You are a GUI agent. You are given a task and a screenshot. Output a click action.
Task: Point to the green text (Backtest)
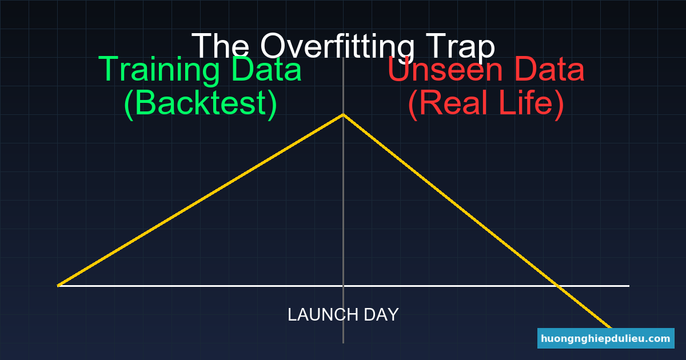tap(201, 103)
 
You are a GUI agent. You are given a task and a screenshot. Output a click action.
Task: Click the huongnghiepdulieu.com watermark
tap(605, 338)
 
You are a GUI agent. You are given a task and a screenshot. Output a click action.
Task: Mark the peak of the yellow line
tap(343, 115)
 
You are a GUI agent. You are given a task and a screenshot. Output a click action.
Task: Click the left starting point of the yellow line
tap(58, 285)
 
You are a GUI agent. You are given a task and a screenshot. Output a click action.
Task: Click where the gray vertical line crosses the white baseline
tap(343, 285)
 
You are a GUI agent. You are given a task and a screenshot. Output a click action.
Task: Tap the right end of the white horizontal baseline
tap(628, 285)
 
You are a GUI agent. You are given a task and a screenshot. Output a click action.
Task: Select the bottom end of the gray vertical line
tap(343, 342)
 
